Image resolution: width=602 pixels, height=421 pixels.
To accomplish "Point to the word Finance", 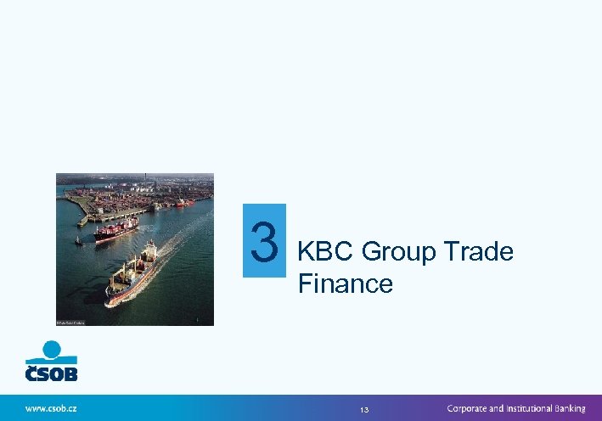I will point(346,283).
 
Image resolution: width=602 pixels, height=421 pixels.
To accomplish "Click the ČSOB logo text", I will point(51,372).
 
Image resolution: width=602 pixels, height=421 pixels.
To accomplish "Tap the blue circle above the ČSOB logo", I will point(53,347).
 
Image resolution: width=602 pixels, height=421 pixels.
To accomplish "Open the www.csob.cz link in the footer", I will point(51,408).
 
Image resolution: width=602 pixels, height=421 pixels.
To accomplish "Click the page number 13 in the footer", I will point(364,409).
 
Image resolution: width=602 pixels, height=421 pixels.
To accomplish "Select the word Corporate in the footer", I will point(472,408).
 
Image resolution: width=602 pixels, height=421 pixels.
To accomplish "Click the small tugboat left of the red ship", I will point(78,241).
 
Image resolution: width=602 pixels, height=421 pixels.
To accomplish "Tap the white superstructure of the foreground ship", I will point(149,251).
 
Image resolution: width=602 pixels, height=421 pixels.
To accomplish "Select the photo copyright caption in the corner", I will point(70,323).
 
